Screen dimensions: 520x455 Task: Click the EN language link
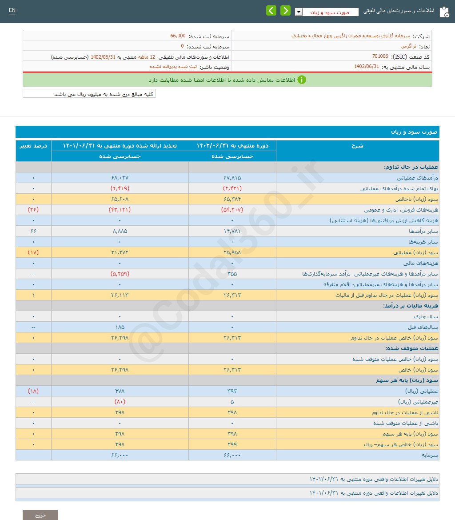click(12, 10)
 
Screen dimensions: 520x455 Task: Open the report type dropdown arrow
click(299, 12)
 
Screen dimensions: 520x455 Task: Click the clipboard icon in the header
click(443, 12)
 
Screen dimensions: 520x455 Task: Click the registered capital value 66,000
click(178, 36)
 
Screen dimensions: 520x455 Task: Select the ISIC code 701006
click(380, 56)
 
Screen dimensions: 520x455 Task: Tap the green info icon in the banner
click(301, 80)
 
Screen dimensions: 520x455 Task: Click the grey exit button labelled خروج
click(40, 515)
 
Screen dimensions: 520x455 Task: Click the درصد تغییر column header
click(33, 146)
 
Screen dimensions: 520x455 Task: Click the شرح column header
click(357, 146)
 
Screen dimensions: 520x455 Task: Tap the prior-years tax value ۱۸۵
click(120, 327)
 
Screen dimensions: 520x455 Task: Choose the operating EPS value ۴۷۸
click(120, 391)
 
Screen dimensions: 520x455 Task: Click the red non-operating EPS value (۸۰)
click(120, 402)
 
